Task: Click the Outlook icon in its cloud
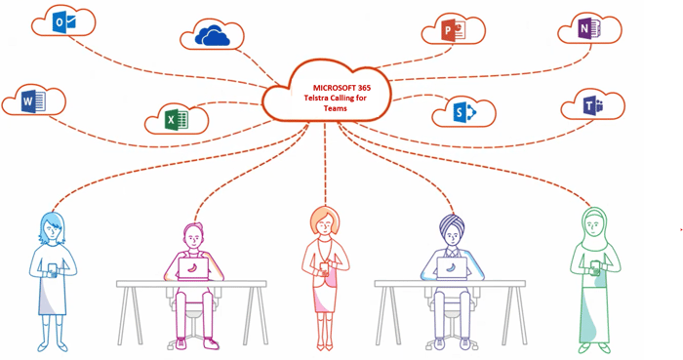tap(62, 21)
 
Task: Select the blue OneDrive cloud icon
tap(212, 36)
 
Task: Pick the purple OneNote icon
tap(585, 29)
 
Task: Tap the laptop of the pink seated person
tap(194, 267)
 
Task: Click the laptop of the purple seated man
tap(452, 267)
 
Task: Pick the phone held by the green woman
tap(595, 265)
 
